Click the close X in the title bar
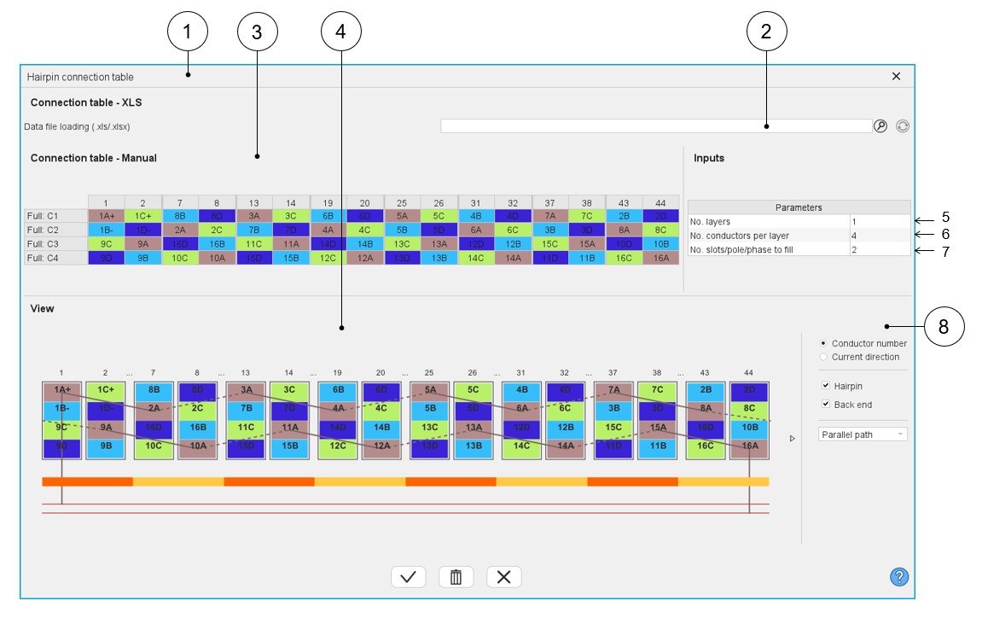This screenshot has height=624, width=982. (x=896, y=76)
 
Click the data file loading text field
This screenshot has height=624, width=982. (x=655, y=126)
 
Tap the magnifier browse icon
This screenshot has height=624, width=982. (x=880, y=126)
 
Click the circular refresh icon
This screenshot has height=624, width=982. (x=903, y=126)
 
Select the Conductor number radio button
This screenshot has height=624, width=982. (x=823, y=344)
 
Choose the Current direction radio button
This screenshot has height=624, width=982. (x=823, y=357)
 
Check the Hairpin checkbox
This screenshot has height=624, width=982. (x=825, y=386)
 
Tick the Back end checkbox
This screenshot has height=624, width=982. (x=825, y=405)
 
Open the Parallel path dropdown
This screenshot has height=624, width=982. (x=863, y=434)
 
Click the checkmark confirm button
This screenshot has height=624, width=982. (x=408, y=577)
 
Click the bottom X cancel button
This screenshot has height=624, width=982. (x=503, y=577)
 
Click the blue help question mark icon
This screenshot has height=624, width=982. (x=898, y=577)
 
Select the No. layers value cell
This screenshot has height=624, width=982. (x=880, y=221)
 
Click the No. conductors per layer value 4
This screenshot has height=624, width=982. (x=880, y=236)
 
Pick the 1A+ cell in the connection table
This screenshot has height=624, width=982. (x=106, y=216)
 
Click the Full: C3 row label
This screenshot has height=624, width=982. (x=55, y=243)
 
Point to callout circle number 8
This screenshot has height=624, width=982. (x=944, y=326)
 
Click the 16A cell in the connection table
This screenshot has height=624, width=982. (x=661, y=258)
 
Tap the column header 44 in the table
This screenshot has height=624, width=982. (x=661, y=202)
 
